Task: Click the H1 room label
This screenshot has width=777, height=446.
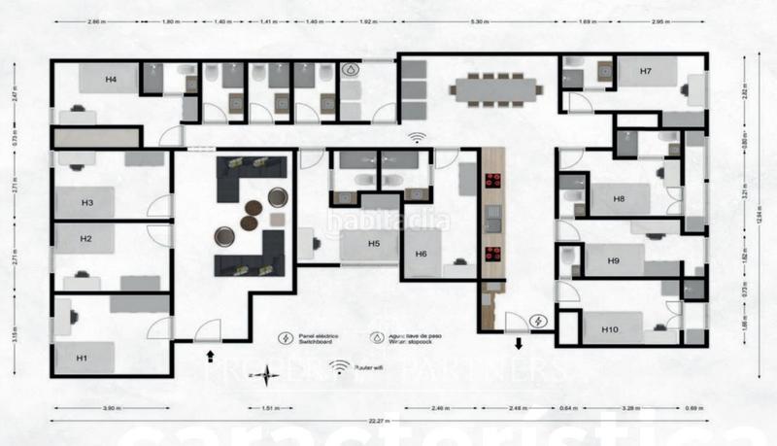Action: (x=82, y=360)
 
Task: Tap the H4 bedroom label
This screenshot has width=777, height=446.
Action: (x=112, y=79)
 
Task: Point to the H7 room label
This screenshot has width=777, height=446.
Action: (x=645, y=72)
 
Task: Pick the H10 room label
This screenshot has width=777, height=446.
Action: (x=610, y=330)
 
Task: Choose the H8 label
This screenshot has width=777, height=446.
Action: (x=619, y=198)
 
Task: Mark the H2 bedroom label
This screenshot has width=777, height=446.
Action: (x=85, y=238)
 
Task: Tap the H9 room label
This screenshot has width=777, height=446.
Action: (x=613, y=261)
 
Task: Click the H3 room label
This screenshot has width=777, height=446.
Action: (x=86, y=203)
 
